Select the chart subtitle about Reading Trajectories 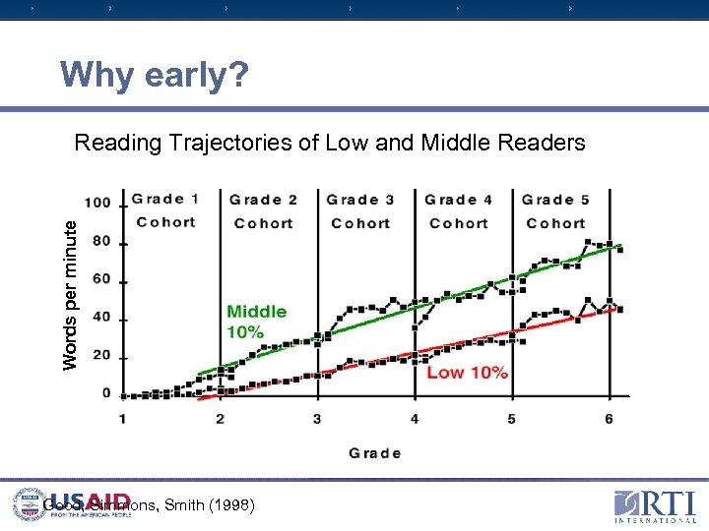click(x=330, y=144)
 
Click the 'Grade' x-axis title click(x=374, y=453)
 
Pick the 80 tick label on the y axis click(x=102, y=243)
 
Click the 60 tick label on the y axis click(x=102, y=281)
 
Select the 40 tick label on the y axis click(x=102, y=320)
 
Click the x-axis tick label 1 click(x=123, y=419)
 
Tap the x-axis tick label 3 click(x=317, y=419)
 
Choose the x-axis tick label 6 click(x=609, y=419)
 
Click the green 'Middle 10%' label click(x=256, y=322)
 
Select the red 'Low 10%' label click(x=467, y=373)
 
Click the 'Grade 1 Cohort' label click(x=165, y=210)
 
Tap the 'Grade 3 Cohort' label click(x=360, y=211)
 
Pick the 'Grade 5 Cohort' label click(x=555, y=211)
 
